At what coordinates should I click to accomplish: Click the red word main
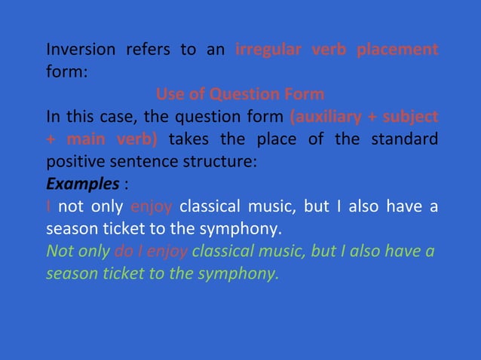pyautogui.click(x=84, y=140)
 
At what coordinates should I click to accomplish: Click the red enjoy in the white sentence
pyautogui.click(x=151, y=206)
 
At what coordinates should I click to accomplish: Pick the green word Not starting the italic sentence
pyautogui.click(x=60, y=251)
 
